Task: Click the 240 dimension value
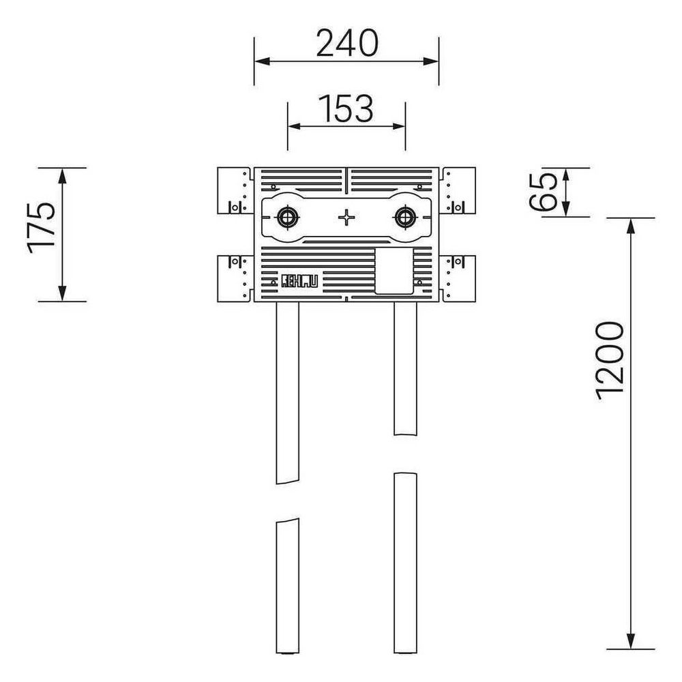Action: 347,43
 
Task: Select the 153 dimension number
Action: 346,108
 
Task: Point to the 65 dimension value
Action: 543,192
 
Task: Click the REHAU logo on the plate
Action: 299,280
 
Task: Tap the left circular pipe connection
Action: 287,217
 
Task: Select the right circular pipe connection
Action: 405,217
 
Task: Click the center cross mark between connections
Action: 346,217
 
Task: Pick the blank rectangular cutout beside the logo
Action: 394,271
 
